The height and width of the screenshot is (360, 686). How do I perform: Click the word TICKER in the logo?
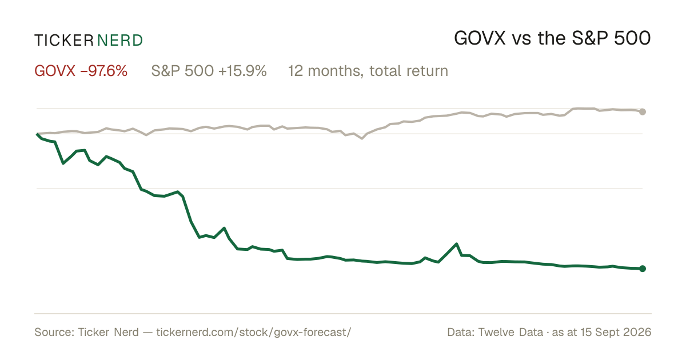click(63, 41)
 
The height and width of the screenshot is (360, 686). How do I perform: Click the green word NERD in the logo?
click(119, 41)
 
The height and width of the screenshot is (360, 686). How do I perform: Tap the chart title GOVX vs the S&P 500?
click(552, 39)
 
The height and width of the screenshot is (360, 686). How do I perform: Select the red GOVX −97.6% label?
click(81, 71)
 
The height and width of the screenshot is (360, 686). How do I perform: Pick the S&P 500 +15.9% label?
click(209, 71)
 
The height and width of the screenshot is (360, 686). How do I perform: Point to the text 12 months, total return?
click(368, 71)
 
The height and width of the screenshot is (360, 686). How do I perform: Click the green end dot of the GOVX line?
click(643, 269)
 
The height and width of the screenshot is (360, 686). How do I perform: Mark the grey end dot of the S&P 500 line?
click(643, 112)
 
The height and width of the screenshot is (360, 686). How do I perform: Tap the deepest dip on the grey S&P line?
click(362, 138)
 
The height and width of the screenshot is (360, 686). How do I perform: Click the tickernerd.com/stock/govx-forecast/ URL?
click(254, 333)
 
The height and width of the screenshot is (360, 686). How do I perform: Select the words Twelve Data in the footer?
click(510, 333)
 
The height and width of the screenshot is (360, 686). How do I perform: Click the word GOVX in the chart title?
click(480, 39)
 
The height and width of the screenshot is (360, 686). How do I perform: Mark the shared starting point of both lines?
click(37, 134)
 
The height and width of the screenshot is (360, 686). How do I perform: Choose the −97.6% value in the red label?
click(104, 71)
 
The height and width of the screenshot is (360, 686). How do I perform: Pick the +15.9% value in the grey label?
click(242, 71)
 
